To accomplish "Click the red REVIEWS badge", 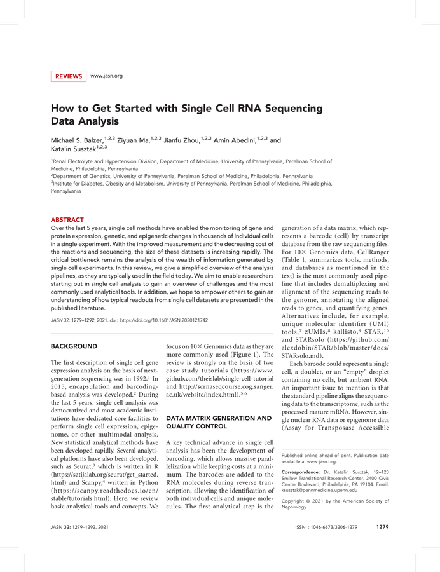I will pyautogui.click(x=68, y=76).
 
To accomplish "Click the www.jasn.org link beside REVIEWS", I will pyautogui.click(x=106, y=76).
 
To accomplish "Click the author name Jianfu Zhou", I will pyautogui.click(x=179, y=140).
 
